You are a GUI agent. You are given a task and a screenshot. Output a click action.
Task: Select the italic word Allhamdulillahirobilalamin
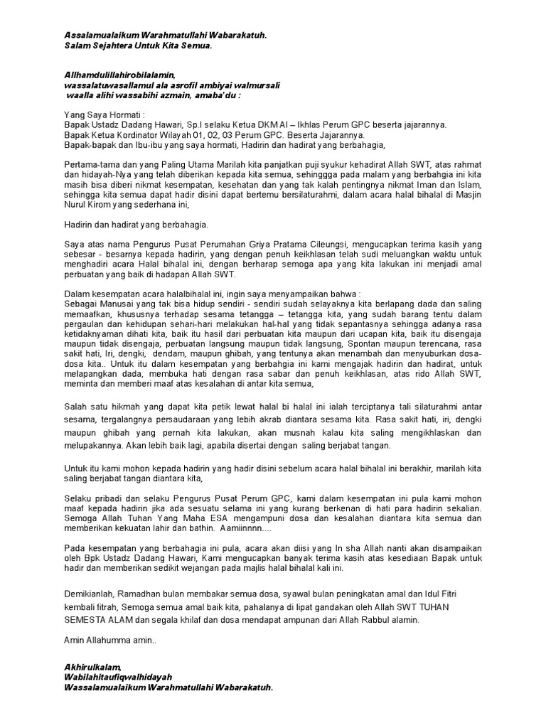click(119, 74)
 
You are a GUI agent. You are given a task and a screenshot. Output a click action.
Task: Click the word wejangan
click(188, 569)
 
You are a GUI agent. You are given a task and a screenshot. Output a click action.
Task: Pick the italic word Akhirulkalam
click(92, 668)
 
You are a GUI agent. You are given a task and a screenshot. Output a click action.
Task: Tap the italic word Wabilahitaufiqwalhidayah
click(118, 678)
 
